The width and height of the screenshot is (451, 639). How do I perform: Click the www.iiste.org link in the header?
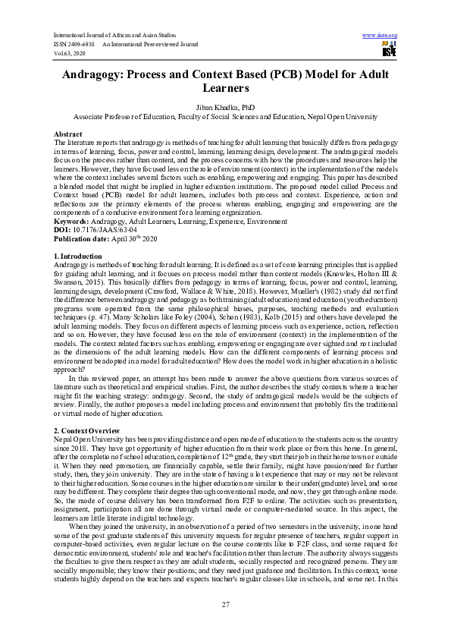[x=381, y=36]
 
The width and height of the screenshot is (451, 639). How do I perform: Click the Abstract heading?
[x=69, y=134]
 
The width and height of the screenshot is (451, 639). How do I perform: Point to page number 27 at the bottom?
[x=225, y=603]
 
